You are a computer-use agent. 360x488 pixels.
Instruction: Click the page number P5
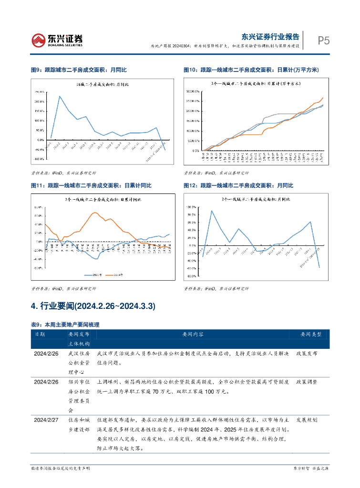pyautogui.click(x=324, y=41)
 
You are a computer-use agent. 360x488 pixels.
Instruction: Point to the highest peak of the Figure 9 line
pyautogui.click(x=60, y=96)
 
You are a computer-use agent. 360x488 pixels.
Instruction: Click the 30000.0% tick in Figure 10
pyautogui.click(x=193, y=91)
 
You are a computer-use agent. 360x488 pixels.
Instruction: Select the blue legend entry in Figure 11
pyautogui.click(x=91, y=274)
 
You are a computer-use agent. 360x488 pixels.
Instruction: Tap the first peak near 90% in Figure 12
pyautogui.click(x=212, y=211)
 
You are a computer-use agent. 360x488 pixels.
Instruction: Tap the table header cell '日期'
pyautogui.click(x=40, y=335)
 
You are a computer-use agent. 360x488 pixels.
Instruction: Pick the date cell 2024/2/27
pyautogui.click(x=46, y=420)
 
